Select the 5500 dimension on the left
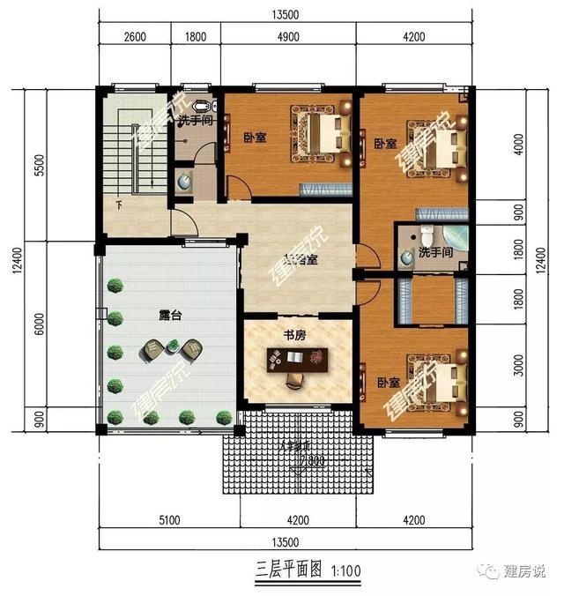pos(14,163)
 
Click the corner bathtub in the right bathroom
pos(455,241)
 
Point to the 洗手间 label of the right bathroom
pos(435,253)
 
